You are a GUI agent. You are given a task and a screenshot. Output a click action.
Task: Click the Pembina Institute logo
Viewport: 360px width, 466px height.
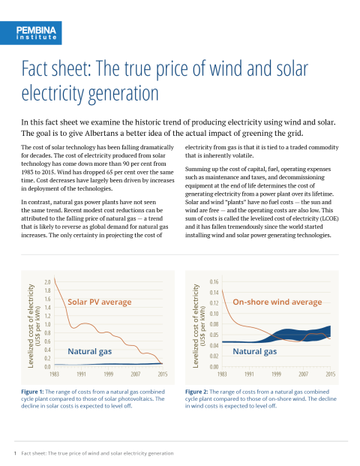[x=31, y=33]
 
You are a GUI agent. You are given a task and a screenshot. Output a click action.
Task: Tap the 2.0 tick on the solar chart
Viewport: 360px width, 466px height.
[x=47, y=281]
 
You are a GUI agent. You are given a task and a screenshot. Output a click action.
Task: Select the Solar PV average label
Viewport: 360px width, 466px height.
[x=100, y=302]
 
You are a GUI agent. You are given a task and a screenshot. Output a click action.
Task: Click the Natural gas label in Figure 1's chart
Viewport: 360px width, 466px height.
[x=90, y=351]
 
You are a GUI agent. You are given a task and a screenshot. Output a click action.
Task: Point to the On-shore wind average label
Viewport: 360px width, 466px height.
[x=277, y=302]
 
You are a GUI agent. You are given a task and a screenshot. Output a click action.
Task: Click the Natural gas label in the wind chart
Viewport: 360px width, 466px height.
[x=254, y=351]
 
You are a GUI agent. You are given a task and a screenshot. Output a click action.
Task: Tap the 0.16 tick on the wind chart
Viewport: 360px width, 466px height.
[x=214, y=281]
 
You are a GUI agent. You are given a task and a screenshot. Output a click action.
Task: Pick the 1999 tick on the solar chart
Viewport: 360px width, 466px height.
[x=109, y=374]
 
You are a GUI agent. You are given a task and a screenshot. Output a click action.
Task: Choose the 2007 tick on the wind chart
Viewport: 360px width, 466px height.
[x=303, y=374]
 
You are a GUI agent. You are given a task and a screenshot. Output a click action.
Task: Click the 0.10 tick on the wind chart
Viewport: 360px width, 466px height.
[x=214, y=314]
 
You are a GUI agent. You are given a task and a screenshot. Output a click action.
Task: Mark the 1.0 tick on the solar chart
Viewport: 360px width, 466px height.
[x=47, y=324]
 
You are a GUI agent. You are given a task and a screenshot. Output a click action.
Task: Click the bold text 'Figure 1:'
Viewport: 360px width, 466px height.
[x=32, y=392]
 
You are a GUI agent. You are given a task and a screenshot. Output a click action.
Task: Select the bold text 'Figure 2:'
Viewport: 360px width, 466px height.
[x=196, y=392]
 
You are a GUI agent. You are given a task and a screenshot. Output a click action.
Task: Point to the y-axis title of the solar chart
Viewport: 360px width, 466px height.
[x=34, y=326]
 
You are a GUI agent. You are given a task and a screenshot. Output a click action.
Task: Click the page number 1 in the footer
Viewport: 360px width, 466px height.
[x=15, y=453]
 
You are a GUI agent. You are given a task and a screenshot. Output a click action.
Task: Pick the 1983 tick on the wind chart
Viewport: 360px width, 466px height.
[x=222, y=374]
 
